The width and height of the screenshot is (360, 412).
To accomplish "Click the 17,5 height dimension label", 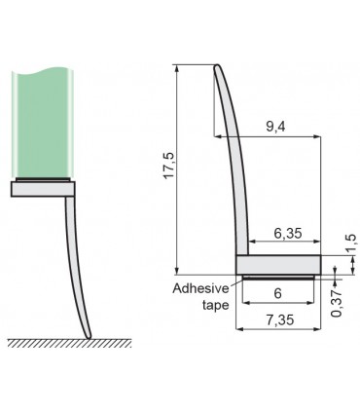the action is pos(170,166).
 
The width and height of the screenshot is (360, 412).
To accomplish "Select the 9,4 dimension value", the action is pos(275,127).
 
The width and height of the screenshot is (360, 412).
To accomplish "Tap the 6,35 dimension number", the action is pos(288,233).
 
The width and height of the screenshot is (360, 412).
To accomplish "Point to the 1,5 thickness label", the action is pos(351,243).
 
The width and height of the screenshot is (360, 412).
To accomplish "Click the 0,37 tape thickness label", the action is pos(337,303).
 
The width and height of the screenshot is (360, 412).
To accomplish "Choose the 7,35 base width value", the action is pos(280,319).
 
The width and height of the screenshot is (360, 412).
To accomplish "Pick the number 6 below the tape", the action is pos(278,293).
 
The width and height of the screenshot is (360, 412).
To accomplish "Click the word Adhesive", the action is pos(200,288).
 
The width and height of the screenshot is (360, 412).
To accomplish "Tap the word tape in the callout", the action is pos(216,305).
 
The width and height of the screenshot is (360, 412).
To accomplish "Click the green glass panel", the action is pos(43,124).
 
